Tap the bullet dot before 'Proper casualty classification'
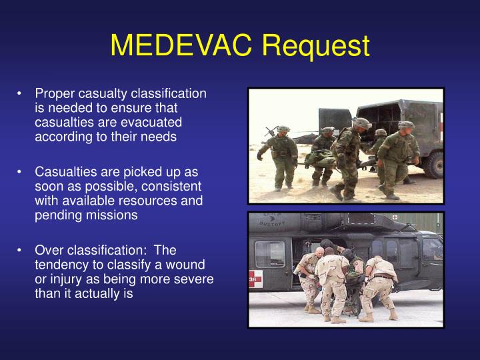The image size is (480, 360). coord(21,94)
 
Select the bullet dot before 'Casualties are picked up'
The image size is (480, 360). coord(21,172)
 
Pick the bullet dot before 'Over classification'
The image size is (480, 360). coord(21,250)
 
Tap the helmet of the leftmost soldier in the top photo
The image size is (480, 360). coord(283,128)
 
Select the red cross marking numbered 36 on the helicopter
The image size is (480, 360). coord(255,279)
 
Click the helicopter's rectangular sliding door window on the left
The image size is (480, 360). coord(269,254)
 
